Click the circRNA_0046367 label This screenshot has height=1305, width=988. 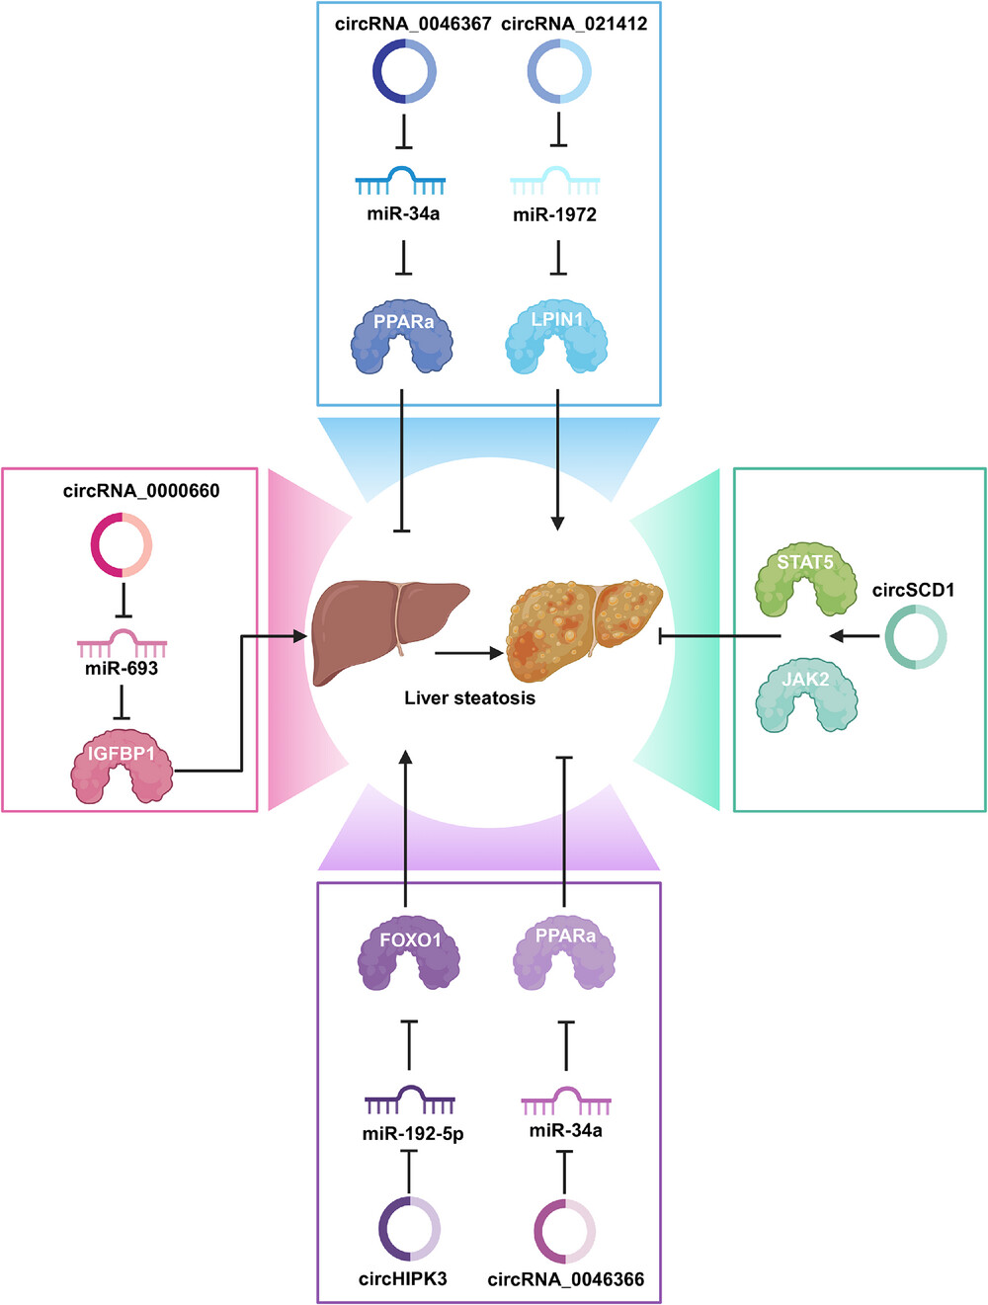click(x=413, y=24)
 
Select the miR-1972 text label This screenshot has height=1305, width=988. click(x=554, y=214)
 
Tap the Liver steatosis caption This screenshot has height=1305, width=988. click(x=469, y=698)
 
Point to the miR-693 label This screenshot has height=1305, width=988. click(x=122, y=668)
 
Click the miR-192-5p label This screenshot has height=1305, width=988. click(x=413, y=1134)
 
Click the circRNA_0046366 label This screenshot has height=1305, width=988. click(x=565, y=1279)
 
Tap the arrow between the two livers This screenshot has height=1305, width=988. click(x=469, y=653)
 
